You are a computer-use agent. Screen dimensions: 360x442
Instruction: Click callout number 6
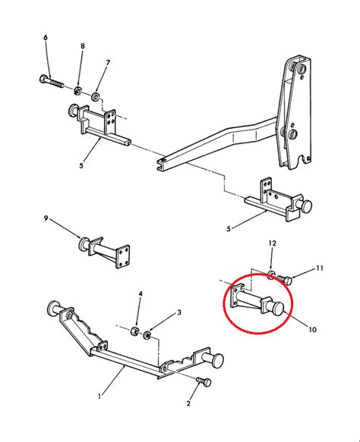tap(46, 37)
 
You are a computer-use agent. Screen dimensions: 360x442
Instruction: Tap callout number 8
tap(83, 45)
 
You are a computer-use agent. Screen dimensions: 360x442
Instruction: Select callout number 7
tap(108, 63)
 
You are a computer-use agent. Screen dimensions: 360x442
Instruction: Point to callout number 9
tap(46, 218)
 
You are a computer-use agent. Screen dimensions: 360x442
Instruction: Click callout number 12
tap(272, 243)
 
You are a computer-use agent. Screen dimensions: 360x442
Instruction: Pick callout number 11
tap(319, 268)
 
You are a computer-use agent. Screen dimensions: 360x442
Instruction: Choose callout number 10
tap(312, 329)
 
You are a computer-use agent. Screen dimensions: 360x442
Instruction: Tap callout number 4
tap(141, 294)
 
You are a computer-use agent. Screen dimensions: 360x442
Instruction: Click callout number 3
tap(179, 312)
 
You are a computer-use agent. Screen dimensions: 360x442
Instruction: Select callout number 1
tap(99, 397)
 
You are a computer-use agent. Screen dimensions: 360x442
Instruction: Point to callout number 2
tap(188, 403)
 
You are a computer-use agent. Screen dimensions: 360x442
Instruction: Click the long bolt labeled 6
tap(51, 81)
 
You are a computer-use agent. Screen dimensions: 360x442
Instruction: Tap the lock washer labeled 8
tap(77, 90)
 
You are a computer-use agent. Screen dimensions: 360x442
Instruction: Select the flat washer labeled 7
tap(95, 97)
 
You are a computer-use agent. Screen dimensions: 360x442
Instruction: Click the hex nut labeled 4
tap(134, 331)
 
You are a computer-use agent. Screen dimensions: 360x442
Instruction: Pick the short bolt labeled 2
tap(204, 381)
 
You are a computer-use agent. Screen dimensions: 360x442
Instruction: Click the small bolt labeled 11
tap(285, 279)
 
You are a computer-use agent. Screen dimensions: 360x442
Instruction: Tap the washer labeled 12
tap(270, 274)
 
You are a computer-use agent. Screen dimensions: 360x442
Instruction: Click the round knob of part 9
tap(84, 244)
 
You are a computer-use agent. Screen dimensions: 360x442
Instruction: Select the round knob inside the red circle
tap(276, 309)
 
